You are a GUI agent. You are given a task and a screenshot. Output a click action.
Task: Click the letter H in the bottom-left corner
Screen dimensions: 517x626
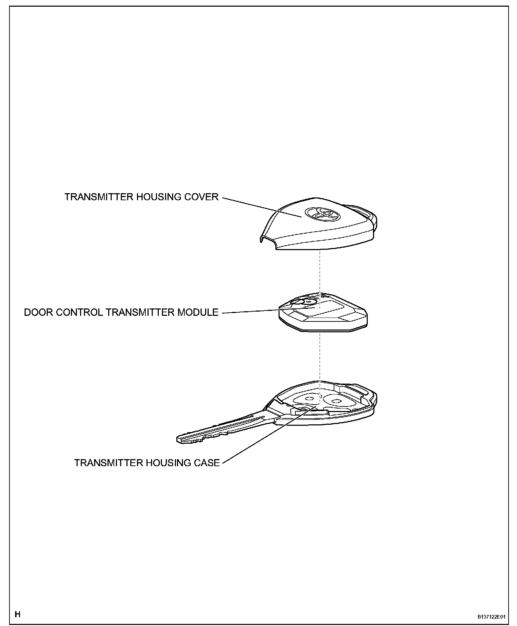click(18, 614)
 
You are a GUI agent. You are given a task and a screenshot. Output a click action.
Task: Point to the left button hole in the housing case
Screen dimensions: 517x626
click(309, 399)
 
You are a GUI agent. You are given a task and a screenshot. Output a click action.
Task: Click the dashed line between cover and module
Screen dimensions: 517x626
click(320, 270)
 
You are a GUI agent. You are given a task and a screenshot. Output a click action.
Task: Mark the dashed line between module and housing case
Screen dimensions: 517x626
click(320, 355)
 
